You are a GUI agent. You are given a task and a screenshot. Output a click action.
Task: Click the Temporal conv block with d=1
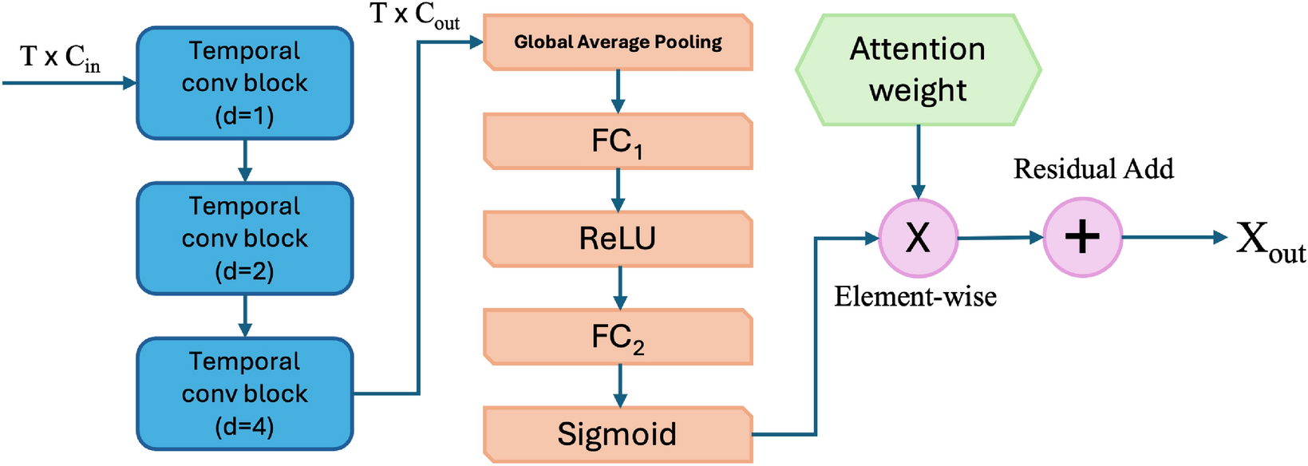tap(245, 83)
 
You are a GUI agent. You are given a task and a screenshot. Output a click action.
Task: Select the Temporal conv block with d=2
tap(245, 239)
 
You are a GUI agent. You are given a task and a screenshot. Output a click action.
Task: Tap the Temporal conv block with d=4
tap(245, 394)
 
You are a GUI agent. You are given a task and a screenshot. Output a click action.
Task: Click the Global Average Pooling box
tap(618, 42)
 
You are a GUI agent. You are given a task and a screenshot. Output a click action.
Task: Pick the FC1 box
tap(618, 141)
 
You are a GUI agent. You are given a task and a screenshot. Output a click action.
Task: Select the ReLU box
tap(618, 239)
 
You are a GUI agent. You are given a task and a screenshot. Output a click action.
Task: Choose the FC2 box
tap(618, 337)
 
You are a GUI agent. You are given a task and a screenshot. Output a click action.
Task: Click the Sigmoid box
tap(618, 435)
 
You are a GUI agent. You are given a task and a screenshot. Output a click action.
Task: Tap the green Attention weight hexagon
tap(918, 70)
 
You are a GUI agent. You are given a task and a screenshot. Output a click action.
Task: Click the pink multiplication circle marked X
tap(918, 238)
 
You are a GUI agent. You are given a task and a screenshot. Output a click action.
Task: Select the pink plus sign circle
tap(1083, 238)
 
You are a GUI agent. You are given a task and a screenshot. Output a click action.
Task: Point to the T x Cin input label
tap(61, 57)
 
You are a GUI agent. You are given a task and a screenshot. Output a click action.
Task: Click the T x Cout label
tap(415, 15)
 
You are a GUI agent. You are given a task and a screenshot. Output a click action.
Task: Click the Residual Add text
tap(1093, 169)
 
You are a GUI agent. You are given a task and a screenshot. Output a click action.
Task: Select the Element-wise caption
tap(915, 297)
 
